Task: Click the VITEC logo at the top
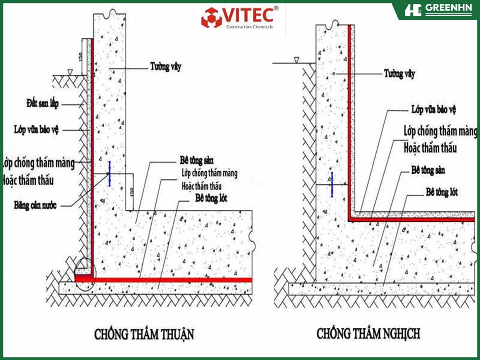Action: (240, 18)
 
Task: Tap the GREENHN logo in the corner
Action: (438, 10)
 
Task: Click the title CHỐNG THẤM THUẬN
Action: (144, 334)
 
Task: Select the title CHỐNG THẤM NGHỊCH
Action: (368, 334)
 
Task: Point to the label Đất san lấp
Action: (42, 104)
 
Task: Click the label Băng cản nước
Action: (35, 205)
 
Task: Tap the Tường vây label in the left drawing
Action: (166, 66)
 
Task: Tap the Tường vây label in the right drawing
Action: (399, 73)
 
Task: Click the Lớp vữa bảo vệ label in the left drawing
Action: (36, 130)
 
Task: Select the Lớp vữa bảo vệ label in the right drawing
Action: (434, 109)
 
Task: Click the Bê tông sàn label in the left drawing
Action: (196, 160)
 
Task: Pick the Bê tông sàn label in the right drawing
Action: (428, 170)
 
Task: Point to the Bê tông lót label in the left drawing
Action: (211, 198)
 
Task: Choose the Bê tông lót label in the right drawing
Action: (442, 192)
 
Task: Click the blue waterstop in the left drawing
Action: (109, 174)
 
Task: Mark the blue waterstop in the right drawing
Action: (332, 184)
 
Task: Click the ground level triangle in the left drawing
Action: (70, 72)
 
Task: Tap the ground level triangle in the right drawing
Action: (296, 60)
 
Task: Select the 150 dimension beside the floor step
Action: (132, 192)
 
